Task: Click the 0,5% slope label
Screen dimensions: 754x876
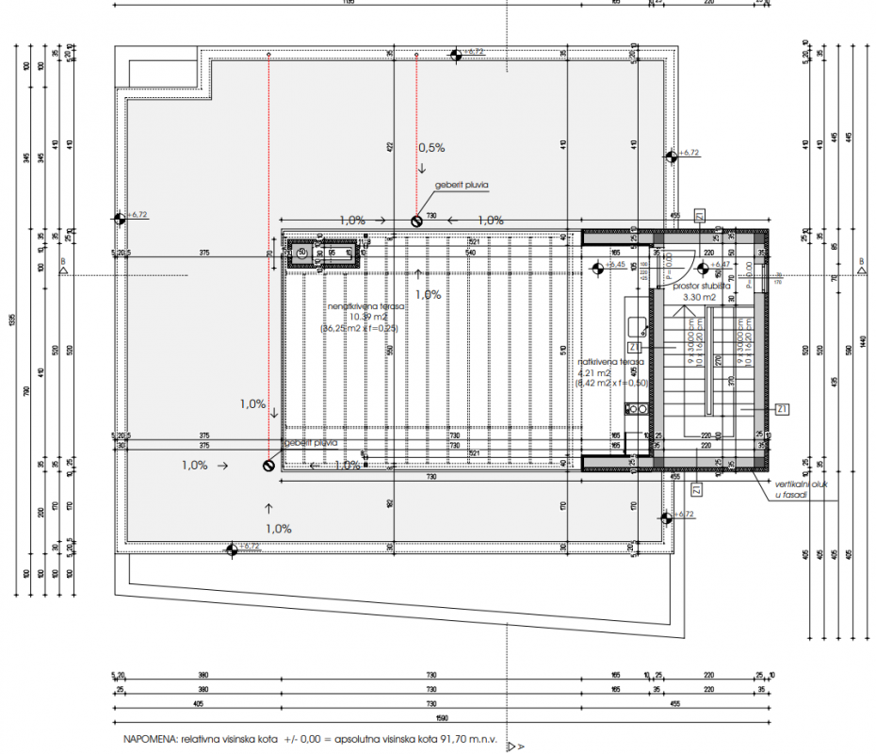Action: coord(431,148)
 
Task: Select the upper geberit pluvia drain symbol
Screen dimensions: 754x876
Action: coord(416,221)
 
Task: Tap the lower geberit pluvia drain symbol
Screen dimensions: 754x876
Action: coord(268,465)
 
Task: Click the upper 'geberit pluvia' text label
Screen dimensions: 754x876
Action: coord(462,187)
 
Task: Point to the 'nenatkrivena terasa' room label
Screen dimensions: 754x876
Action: coord(365,306)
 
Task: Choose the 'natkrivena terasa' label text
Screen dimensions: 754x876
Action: coord(611,361)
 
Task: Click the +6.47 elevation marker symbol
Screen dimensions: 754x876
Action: coord(705,265)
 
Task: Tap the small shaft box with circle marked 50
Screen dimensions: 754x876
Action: coord(303,252)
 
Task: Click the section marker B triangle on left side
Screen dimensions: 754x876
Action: coord(62,270)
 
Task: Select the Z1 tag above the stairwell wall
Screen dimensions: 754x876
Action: coord(699,215)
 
